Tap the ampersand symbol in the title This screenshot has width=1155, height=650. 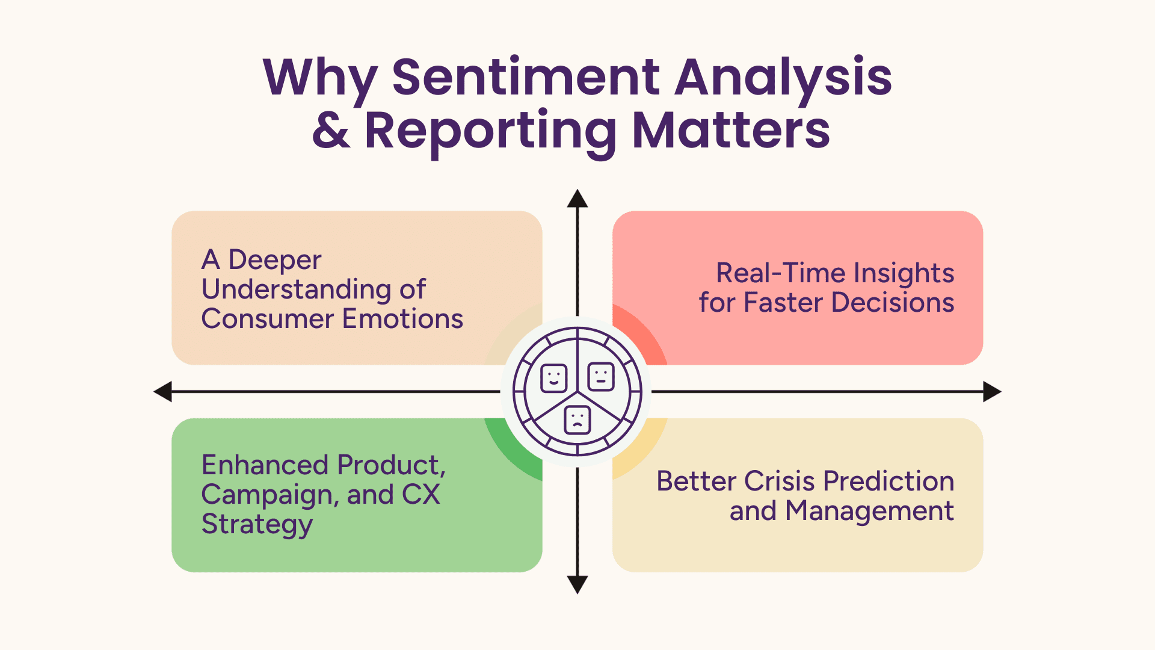click(x=331, y=130)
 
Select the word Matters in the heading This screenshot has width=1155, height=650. click(x=731, y=130)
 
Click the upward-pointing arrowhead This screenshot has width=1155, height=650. click(x=577, y=199)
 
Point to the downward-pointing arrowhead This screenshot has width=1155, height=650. click(x=577, y=584)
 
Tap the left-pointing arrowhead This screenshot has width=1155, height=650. click(x=163, y=391)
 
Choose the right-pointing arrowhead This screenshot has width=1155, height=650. click(x=992, y=391)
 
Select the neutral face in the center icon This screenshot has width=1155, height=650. click(x=600, y=377)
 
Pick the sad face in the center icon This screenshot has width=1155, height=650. click(x=577, y=419)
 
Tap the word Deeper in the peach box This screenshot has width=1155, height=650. click(x=275, y=260)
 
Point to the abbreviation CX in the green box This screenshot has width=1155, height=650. click(x=420, y=495)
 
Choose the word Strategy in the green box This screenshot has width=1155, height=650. click(x=257, y=524)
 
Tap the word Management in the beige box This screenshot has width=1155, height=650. click(x=869, y=511)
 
